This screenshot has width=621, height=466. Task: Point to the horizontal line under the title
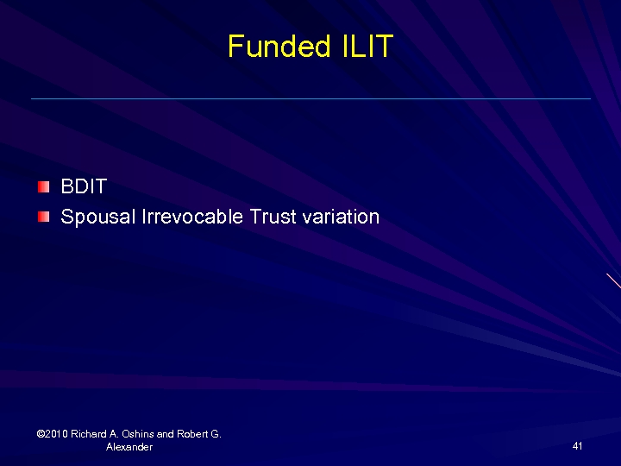click(310, 98)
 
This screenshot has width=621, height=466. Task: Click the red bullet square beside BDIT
click(44, 186)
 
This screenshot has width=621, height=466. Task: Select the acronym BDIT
click(84, 187)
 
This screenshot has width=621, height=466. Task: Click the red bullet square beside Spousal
click(44, 216)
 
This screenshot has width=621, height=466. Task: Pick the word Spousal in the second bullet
click(95, 217)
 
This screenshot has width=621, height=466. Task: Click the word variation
click(341, 217)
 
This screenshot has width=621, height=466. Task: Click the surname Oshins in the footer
click(138, 434)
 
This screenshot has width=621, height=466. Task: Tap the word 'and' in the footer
click(166, 434)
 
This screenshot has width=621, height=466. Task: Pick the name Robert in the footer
click(193, 434)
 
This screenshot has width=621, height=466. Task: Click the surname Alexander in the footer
click(129, 447)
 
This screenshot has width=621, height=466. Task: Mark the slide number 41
click(577, 446)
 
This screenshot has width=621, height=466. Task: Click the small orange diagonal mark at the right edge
click(613, 280)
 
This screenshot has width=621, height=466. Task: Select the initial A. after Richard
click(115, 434)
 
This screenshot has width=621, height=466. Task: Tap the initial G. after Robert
click(216, 434)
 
